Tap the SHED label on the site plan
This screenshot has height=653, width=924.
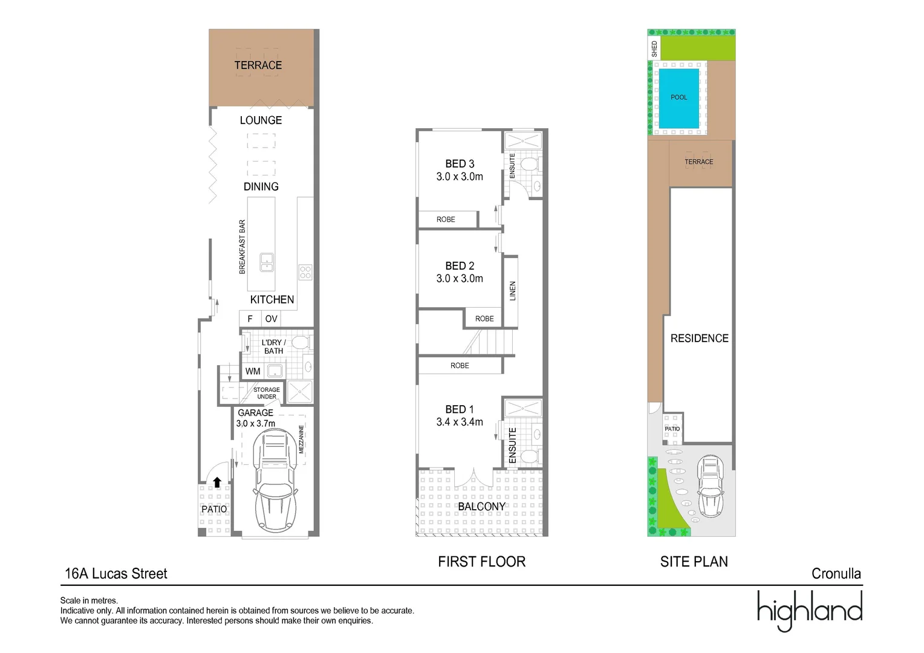coord(654,49)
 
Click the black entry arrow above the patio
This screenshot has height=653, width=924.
coord(217,482)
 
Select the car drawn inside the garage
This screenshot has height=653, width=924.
coord(275,481)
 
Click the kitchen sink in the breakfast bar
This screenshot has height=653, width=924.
coord(267,262)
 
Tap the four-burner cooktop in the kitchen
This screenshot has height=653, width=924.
coord(305,272)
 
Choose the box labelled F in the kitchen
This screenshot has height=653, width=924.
coord(250,319)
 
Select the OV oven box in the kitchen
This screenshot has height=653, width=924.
coord(271,319)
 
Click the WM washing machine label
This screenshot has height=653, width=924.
coord(253,371)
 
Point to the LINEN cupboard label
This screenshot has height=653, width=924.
coord(512,291)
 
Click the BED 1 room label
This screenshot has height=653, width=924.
coord(460,409)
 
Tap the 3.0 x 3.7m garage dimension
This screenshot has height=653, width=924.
coord(255,424)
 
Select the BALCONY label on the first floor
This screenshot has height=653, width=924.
coord(481,507)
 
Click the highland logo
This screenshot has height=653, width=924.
coord(810,610)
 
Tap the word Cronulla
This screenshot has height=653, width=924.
coord(836,574)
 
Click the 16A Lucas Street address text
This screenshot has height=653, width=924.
coord(116,574)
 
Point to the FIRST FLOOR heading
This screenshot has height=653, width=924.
coord(481,562)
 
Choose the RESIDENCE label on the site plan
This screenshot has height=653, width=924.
coord(699,339)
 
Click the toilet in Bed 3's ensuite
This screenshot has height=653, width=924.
coord(529,164)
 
